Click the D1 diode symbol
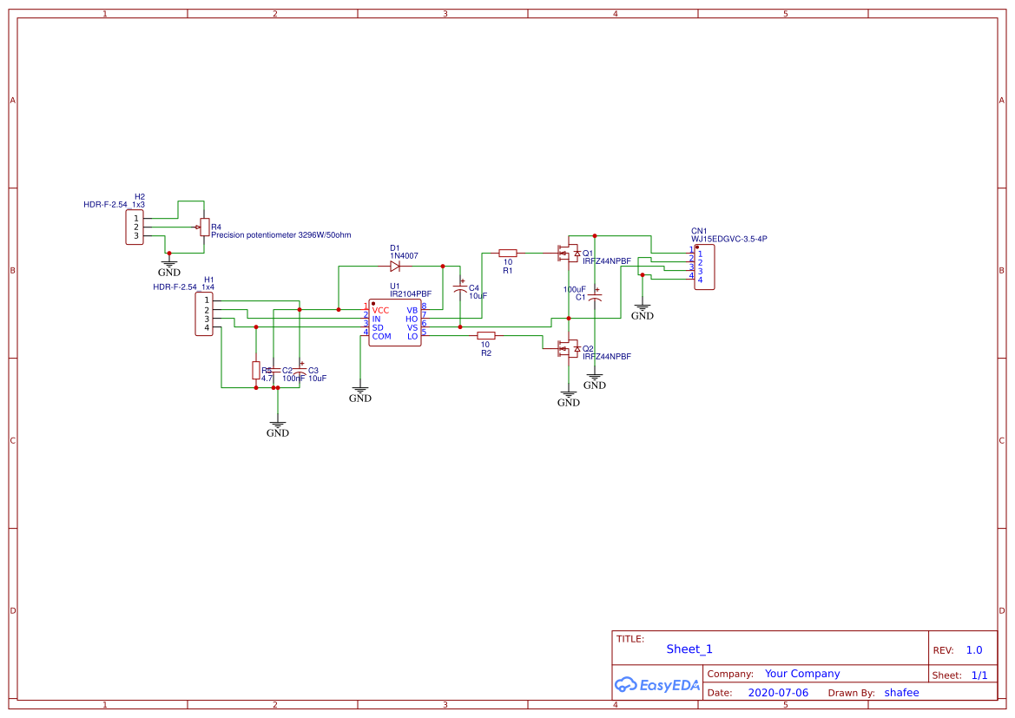tap(395, 267)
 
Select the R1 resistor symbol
tap(508, 253)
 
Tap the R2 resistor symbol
tap(486, 335)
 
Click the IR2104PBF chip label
tap(410, 294)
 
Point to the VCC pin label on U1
tap(380, 310)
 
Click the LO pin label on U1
tap(412, 336)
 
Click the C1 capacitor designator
tap(580, 297)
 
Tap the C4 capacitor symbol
tap(460, 287)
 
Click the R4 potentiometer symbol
tap(204, 227)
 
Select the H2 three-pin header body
tap(135, 227)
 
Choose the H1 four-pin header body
tap(205, 313)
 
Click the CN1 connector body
tap(704, 267)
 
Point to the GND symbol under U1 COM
tap(360, 394)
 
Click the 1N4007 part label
tap(404, 256)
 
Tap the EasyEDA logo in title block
tap(656, 685)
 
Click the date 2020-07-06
tap(778, 693)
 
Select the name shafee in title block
tap(901, 693)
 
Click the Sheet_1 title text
tap(689, 649)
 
